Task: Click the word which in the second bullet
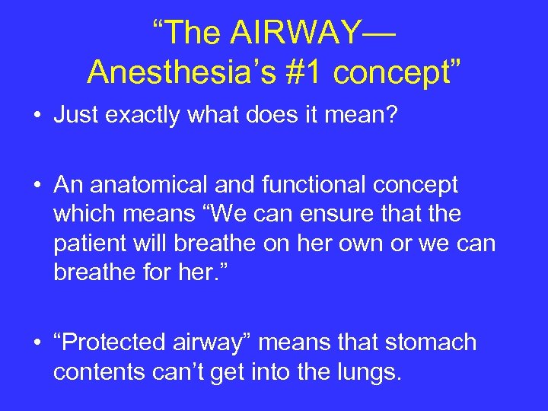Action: tap(82, 214)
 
